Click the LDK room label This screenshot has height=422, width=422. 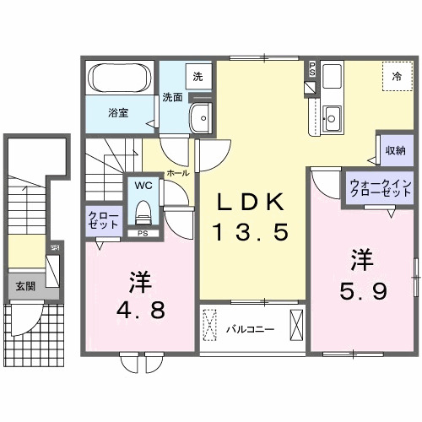click(253, 203)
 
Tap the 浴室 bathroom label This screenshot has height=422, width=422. click(118, 112)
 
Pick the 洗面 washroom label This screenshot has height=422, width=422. click(172, 97)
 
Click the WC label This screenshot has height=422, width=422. click(141, 185)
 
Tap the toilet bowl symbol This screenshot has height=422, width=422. click(142, 209)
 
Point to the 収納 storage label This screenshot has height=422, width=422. click(394, 149)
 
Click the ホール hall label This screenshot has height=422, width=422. click(177, 172)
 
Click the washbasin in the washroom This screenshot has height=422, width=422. click(203, 118)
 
